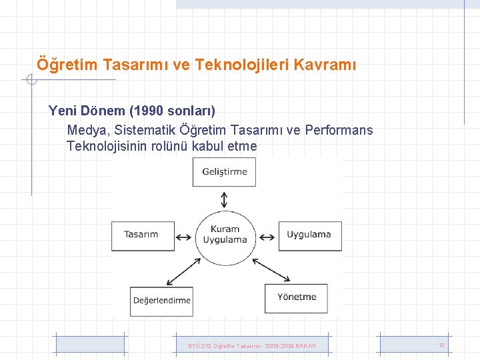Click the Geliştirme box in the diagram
225,172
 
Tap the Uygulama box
309,235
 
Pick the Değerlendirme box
161,301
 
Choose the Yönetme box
297,297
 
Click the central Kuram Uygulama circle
225,235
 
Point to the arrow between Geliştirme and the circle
225,199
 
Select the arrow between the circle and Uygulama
268,235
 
